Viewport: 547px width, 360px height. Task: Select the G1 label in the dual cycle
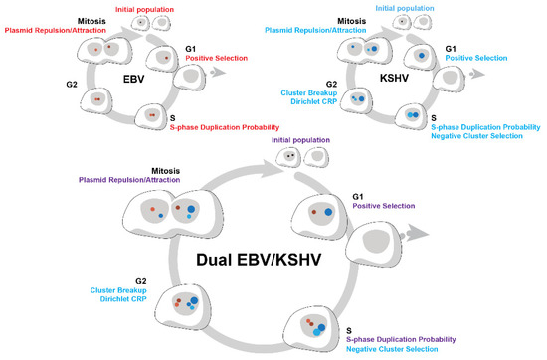coord(364,198)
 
